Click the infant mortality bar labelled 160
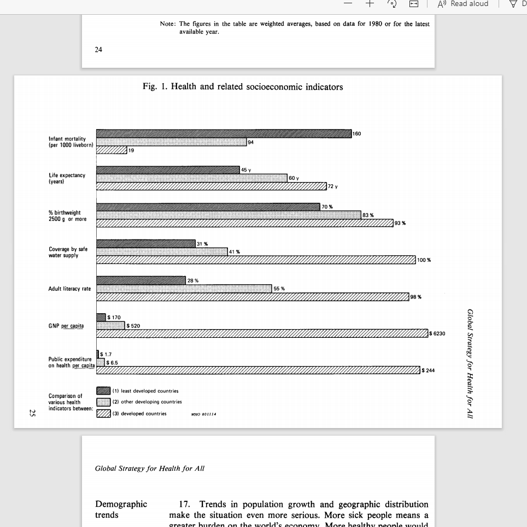224,134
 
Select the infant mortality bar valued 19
112,150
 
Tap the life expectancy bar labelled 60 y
192,178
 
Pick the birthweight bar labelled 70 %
208,207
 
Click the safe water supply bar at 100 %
256,259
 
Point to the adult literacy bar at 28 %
141,280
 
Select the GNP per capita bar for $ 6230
262,333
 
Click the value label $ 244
428,371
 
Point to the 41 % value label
234,252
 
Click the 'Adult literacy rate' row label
70,289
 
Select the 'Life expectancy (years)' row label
67,178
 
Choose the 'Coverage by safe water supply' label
68,252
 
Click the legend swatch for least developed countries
103,391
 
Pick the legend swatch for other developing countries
103,402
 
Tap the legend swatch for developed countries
103,413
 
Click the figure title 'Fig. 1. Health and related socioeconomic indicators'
243,87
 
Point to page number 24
98,49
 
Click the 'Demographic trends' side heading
121,510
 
